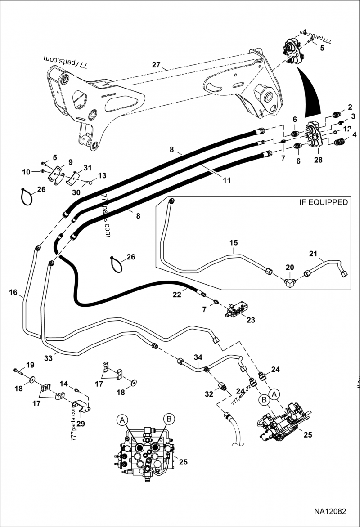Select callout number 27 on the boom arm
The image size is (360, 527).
156,65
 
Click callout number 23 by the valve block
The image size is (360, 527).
251,320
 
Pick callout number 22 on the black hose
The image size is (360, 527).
177,294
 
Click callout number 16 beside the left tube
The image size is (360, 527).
13,293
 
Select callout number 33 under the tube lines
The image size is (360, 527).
61,358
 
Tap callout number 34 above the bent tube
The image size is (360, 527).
198,357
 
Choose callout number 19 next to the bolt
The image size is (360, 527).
30,365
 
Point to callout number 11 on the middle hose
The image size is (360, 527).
226,180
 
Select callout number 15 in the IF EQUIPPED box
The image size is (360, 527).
234,243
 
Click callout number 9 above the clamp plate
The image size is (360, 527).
70,162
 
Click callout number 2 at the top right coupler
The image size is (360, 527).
349,107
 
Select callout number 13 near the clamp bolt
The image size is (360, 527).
102,175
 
